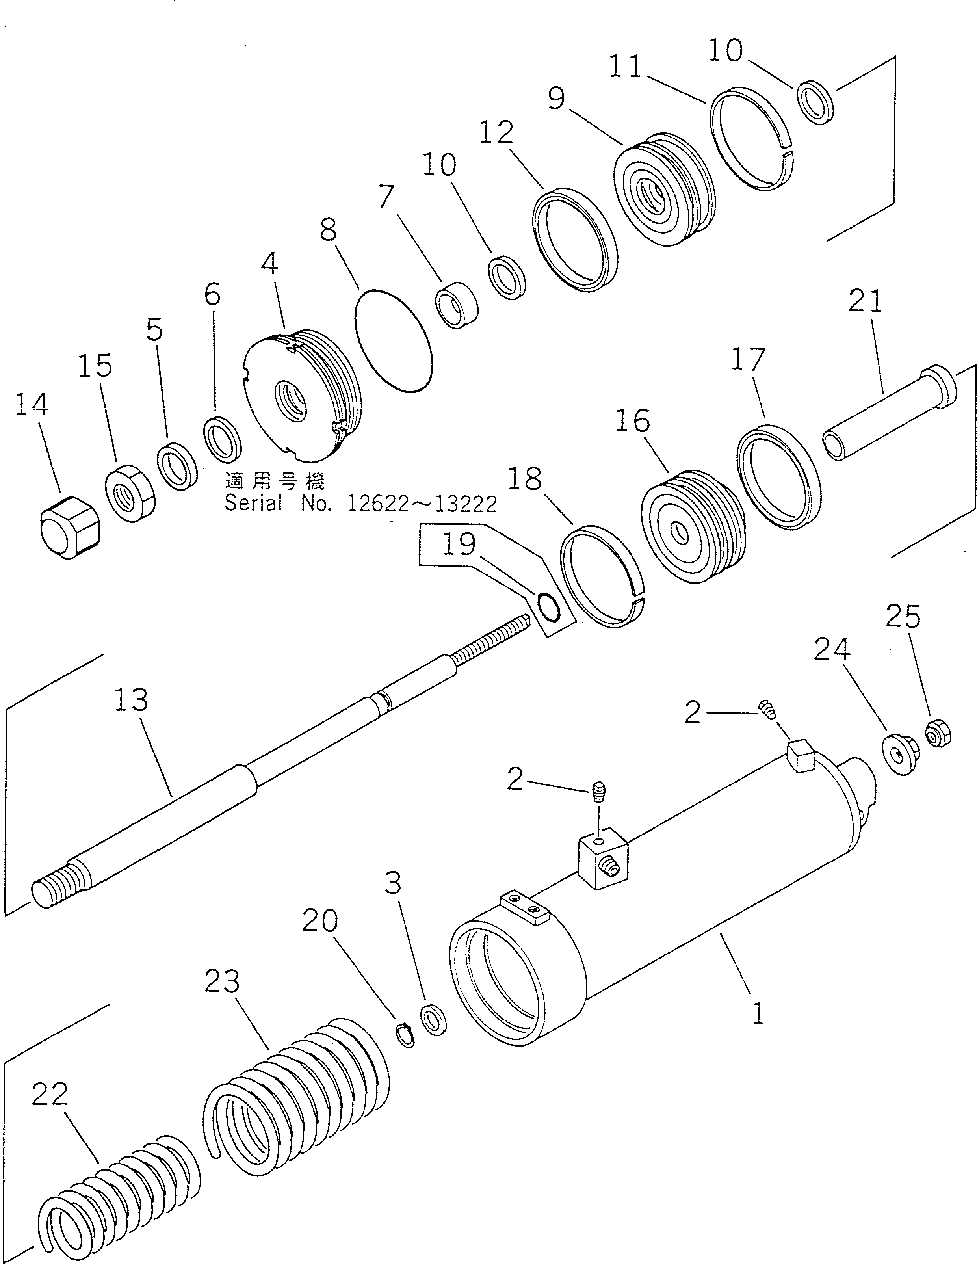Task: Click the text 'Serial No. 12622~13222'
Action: pos(360,505)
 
